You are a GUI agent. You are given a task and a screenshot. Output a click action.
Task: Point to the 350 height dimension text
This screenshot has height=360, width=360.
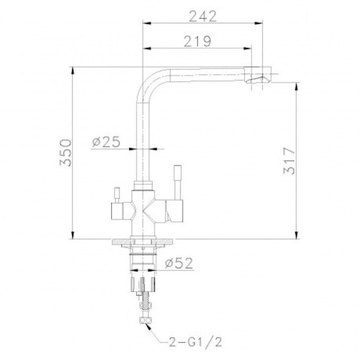[x=65, y=153]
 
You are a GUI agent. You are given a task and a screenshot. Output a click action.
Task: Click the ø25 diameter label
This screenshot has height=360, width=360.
[x=105, y=142]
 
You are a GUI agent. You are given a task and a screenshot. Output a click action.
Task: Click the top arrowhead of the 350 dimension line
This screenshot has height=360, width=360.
[x=73, y=69]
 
